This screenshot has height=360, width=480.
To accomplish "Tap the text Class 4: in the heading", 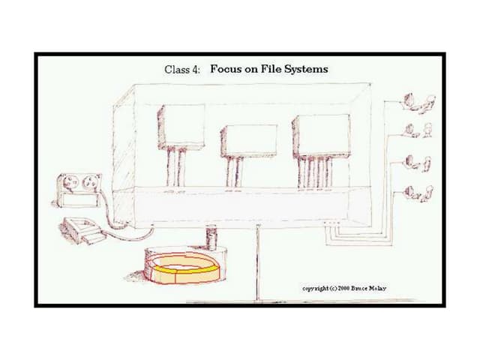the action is tap(181, 70).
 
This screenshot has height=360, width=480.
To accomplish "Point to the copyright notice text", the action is tap(344, 288).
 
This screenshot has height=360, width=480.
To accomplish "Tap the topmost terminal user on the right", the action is tap(419, 103).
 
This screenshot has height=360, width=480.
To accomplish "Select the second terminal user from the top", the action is tap(418, 130).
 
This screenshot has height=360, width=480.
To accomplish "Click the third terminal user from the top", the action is tap(418, 163).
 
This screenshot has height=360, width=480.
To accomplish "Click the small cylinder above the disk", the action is tap(211, 237).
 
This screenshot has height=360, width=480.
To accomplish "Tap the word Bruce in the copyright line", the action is tap(358, 288).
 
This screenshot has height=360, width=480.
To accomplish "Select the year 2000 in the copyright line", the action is tap(343, 288).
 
